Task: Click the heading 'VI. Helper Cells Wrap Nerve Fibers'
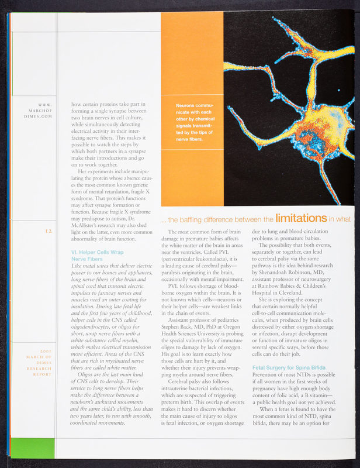(x=96, y=257)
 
